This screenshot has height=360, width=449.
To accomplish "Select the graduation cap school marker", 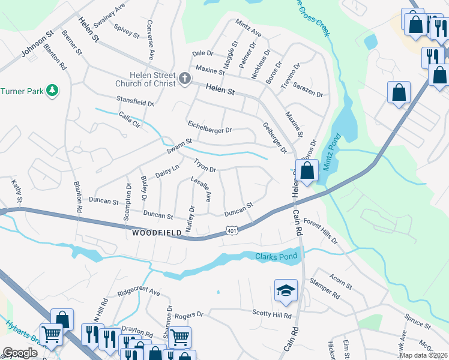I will coord(286,291).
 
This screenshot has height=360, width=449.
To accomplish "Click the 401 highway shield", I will coord(232,230).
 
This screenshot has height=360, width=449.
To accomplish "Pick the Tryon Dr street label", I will coord(204,165).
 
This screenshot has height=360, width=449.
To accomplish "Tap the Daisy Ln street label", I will coord(167,171).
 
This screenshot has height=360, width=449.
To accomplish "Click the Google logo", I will coord(20,353).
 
